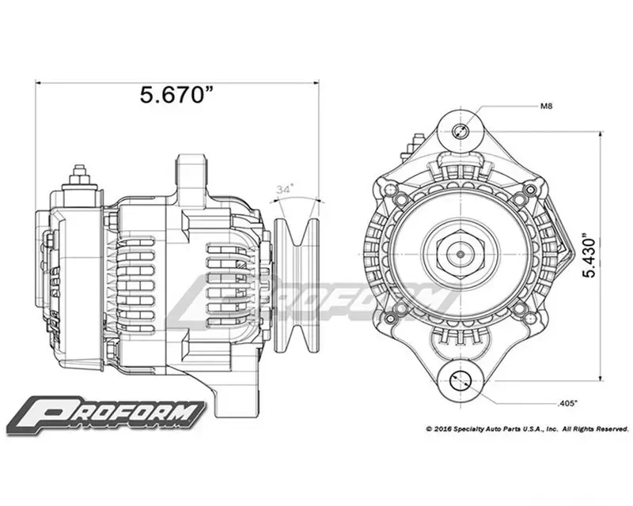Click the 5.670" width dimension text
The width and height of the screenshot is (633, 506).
point(176,95)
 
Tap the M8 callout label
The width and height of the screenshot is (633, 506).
point(546,107)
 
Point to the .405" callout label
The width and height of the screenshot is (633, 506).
point(567,402)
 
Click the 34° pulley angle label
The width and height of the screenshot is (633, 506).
point(285,189)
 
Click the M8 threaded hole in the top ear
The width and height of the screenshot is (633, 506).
point(460,131)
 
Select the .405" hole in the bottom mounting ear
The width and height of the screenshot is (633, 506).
point(461,380)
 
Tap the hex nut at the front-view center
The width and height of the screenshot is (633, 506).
point(461,255)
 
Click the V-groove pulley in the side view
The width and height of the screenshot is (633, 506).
point(297,285)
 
